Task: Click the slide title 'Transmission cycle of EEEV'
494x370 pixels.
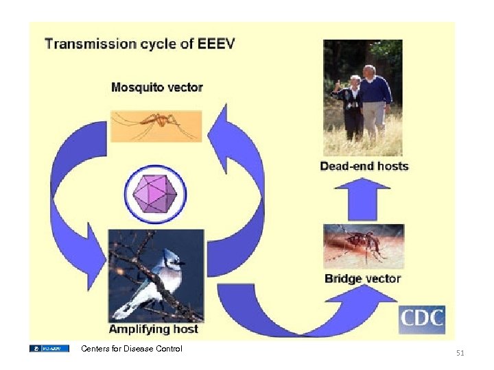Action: pyautogui.click(x=139, y=44)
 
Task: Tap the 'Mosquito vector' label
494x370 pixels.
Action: pyautogui.click(x=157, y=87)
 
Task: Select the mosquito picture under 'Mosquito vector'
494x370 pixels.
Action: pyautogui.click(x=156, y=125)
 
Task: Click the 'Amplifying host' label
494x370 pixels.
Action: pyautogui.click(x=153, y=329)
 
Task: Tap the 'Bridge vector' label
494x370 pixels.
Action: pyautogui.click(x=362, y=278)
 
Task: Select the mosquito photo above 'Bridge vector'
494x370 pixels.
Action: pyautogui.click(x=363, y=246)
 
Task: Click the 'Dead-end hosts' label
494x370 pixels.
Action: pyautogui.click(x=364, y=166)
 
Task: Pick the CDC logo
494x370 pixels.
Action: pyautogui.click(x=422, y=319)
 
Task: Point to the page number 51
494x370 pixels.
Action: pyautogui.click(x=460, y=353)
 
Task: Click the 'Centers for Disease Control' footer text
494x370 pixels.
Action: pyautogui.click(x=132, y=349)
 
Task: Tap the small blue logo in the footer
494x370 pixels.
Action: pyautogui.click(x=49, y=349)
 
